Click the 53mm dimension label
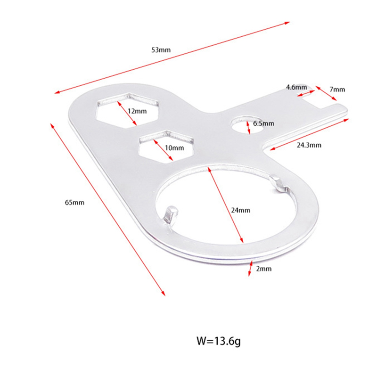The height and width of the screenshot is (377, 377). pyautogui.click(x=161, y=50)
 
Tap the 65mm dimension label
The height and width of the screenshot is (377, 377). pyautogui.click(x=74, y=203)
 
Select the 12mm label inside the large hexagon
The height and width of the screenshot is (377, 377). pyautogui.click(x=137, y=111)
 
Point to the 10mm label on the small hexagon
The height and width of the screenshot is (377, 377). pyautogui.click(x=174, y=148)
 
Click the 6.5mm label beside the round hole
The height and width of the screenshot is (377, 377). pyautogui.click(x=263, y=123)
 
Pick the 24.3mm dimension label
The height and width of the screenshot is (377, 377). pyautogui.click(x=309, y=145)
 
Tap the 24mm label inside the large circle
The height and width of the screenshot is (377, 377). pyautogui.click(x=241, y=210)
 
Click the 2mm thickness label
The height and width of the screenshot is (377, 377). pyautogui.click(x=264, y=269)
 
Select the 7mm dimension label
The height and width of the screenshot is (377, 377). pyautogui.click(x=337, y=90)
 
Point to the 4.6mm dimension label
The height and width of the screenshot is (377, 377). pyautogui.click(x=296, y=87)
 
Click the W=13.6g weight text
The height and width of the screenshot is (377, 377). pyautogui.click(x=219, y=341)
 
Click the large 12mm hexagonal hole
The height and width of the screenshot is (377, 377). pyautogui.click(x=128, y=110)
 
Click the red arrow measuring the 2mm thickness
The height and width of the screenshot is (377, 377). pyautogui.click(x=251, y=268)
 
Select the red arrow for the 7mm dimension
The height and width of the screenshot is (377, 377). pyautogui.click(x=326, y=93)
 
